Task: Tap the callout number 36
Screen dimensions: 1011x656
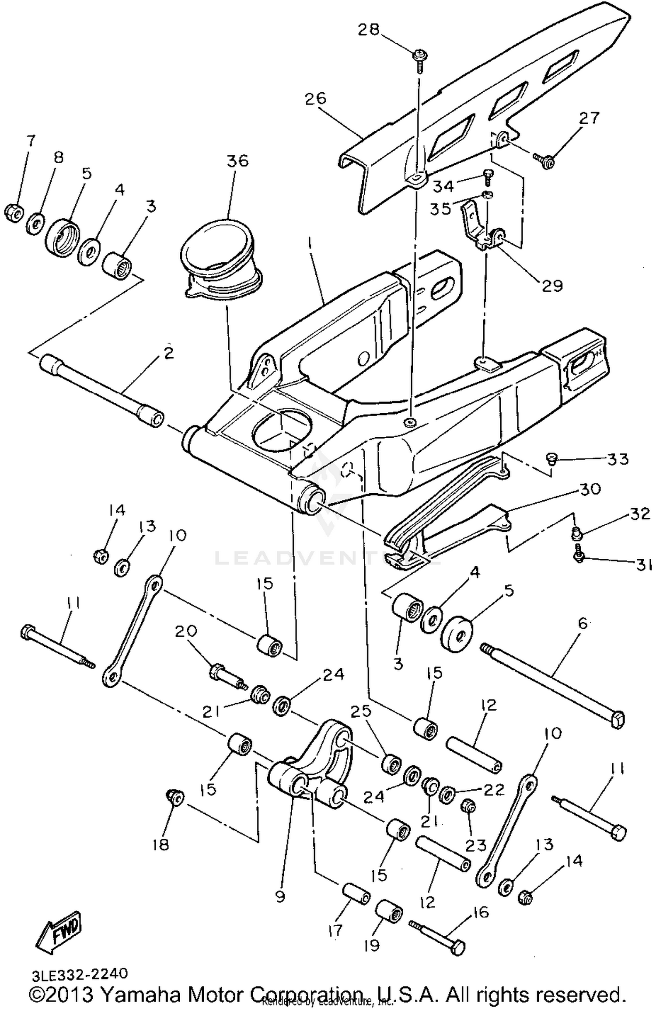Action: tap(237, 160)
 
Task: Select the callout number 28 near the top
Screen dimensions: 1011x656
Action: tap(369, 30)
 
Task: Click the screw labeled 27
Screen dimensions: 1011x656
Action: tap(543, 160)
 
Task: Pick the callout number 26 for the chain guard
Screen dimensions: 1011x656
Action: tap(316, 98)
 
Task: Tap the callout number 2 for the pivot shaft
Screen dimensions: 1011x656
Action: tap(169, 352)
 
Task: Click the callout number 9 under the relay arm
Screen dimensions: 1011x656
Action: tap(280, 896)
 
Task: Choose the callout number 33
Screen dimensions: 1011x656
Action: tap(618, 459)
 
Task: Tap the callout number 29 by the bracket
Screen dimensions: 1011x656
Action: tap(552, 286)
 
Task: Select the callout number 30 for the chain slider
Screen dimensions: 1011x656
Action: tap(590, 489)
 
